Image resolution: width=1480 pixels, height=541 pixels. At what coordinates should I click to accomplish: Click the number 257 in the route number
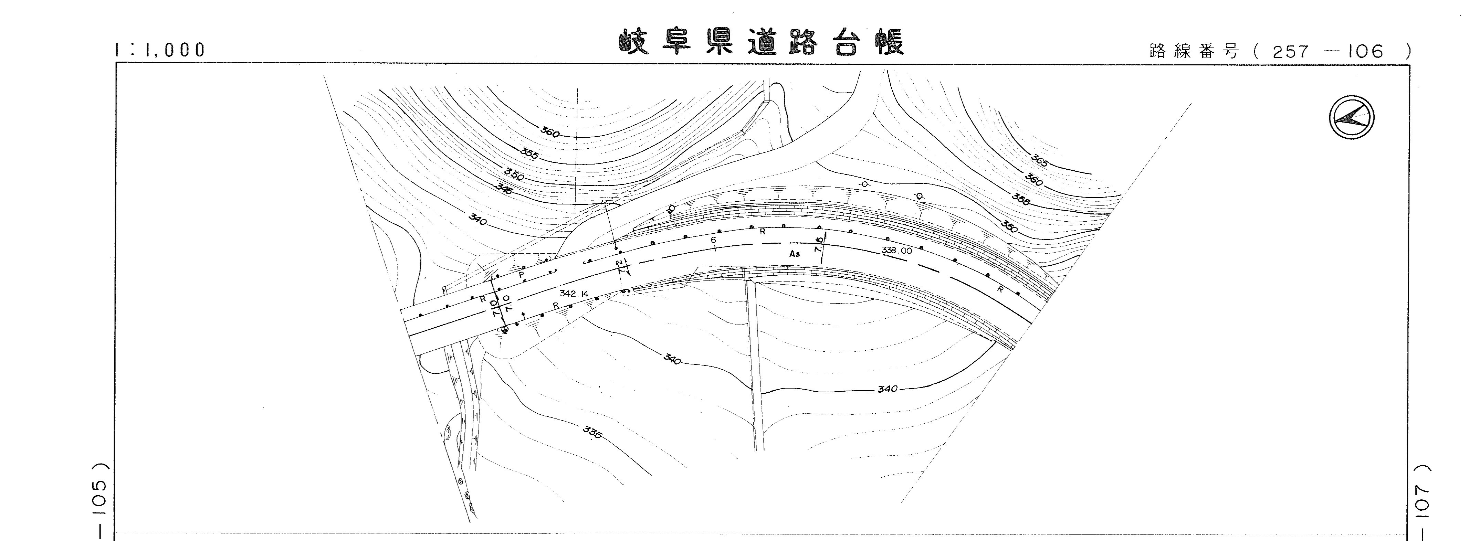(1290, 52)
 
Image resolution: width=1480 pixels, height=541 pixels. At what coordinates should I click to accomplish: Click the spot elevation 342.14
(574, 294)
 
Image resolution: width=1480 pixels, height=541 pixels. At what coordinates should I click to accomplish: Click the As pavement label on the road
(795, 253)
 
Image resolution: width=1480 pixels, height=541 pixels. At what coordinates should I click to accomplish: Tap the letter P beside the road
(521, 275)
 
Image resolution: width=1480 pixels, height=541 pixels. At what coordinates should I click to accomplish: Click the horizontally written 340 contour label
(887, 389)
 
